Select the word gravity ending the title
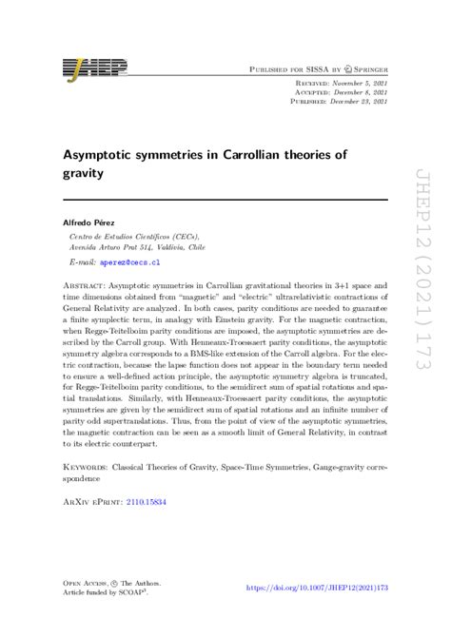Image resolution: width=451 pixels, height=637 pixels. click(x=85, y=175)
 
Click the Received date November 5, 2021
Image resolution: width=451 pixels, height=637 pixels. click(x=356, y=84)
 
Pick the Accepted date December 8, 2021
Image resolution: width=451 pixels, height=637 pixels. click(x=356, y=92)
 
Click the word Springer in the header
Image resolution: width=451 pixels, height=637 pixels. click(x=364, y=69)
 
